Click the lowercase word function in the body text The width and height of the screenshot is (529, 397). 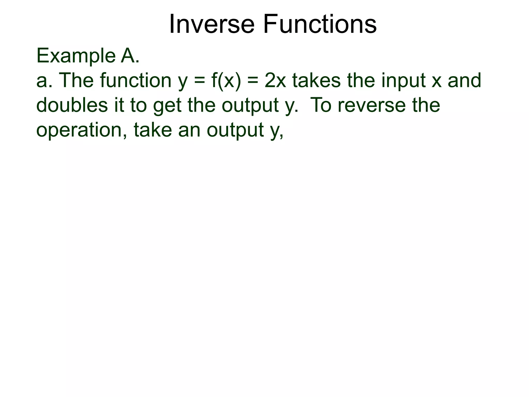[136, 81]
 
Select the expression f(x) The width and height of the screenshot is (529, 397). [226, 81]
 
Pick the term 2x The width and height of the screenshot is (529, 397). [275, 81]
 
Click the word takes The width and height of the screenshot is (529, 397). [317, 81]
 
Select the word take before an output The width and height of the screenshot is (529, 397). [153, 130]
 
